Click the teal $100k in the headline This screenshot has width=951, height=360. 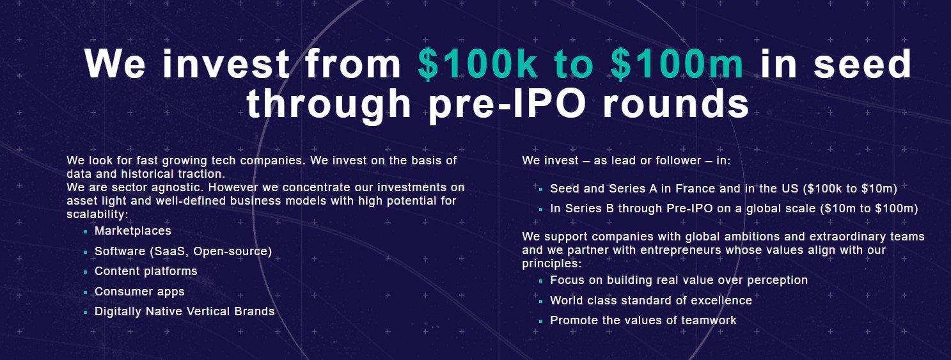click(477, 64)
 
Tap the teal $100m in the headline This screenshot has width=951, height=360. click(677, 64)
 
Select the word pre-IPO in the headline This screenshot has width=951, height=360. click(507, 104)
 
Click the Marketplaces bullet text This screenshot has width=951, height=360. click(133, 231)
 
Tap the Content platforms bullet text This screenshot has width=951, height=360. click(146, 271)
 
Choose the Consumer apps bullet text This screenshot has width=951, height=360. click(139, 292)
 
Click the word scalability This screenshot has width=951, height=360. click(95, 214)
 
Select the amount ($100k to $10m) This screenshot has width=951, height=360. click(850, 189)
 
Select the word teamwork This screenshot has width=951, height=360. click(709, 320)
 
